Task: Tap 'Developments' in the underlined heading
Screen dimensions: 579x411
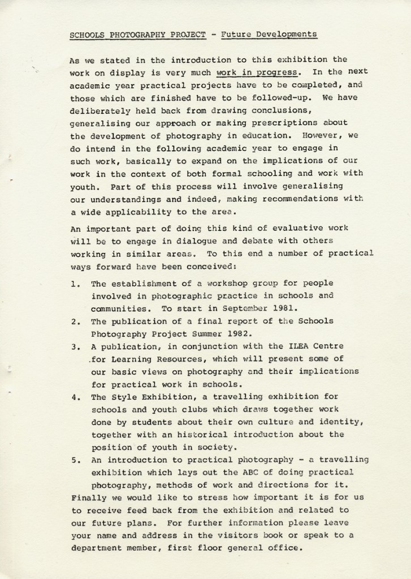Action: [x=285, y=35]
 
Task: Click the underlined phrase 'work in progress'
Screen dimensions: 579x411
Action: [x=257, y=72]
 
